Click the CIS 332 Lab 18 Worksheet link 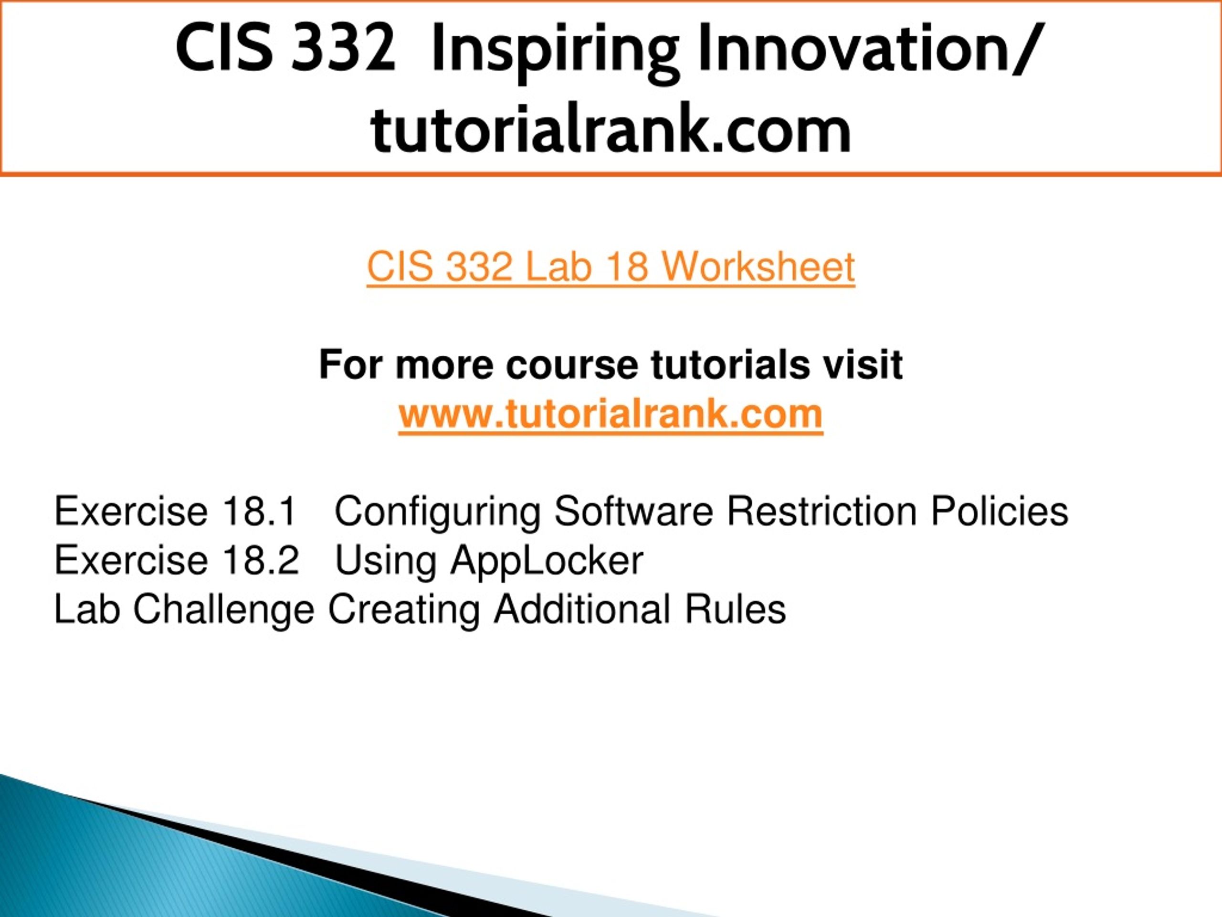pos(611,267)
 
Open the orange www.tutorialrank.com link pos(611,414)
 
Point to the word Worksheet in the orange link pos(758,267)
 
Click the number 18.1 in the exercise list pos(260,512)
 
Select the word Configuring pos(437,513)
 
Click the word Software pos(633,512)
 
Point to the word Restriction pos(822,512)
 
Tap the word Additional pos(582,610)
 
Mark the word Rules pos(735,610)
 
